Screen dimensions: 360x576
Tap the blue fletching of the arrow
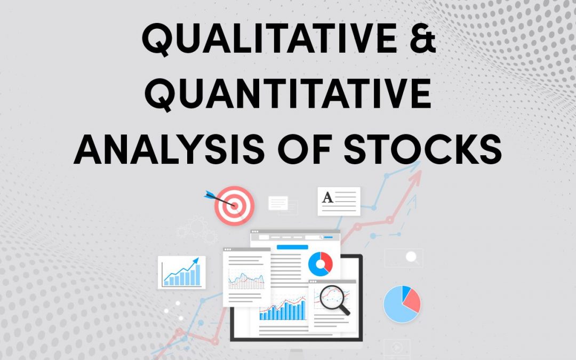(x=207, y=194)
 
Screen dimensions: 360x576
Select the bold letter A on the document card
(x=327, y=198)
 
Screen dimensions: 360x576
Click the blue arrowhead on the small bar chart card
(x=196, y=261)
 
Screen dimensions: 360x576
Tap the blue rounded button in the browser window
(x=292, y=247)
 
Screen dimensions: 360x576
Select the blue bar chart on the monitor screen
(x=283, y=310)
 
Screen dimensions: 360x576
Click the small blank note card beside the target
(x=278, y=203)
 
